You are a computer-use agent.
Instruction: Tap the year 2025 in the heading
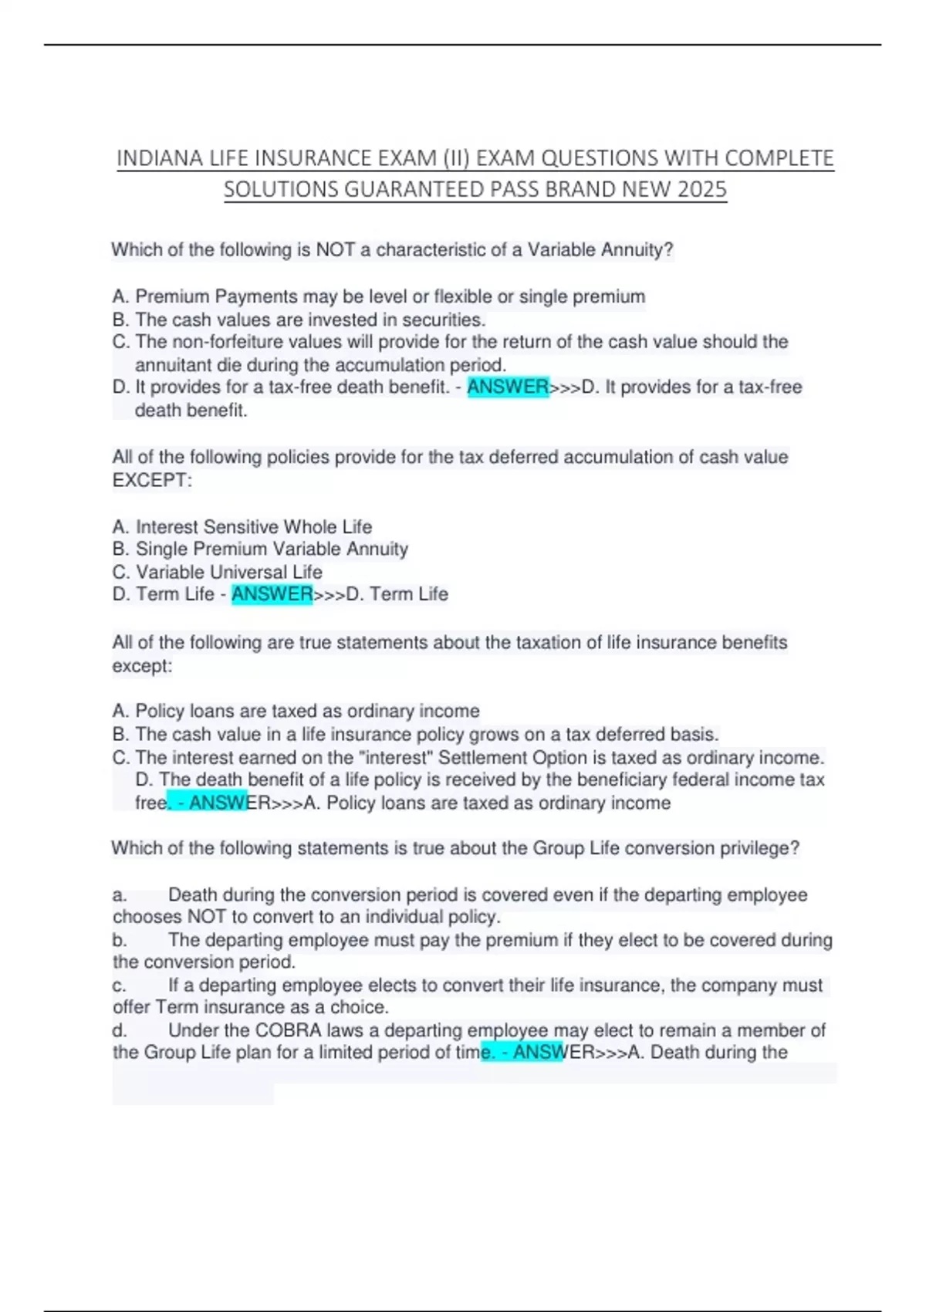(x=702, y=189)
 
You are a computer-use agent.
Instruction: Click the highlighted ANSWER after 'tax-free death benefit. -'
(x=508, y=387)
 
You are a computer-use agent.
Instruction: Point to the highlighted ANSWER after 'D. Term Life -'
(x=272, y=594)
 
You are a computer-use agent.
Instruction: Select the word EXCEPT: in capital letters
(x=152, y=480)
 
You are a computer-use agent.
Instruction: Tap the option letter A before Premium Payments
(x=120, y=296)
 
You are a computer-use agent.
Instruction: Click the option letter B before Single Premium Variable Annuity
(x=120, y=549)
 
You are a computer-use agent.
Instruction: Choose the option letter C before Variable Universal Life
(x=120, y=572)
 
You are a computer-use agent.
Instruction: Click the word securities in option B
(x=444, y=320)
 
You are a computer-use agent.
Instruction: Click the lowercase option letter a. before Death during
(x=119, y=895)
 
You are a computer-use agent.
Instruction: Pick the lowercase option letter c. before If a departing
(x=119, y=986)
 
